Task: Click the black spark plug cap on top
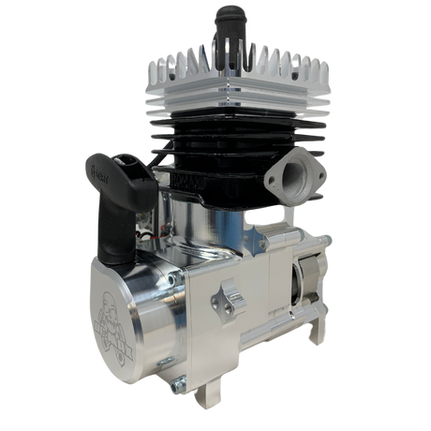[x=228, y=37]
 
